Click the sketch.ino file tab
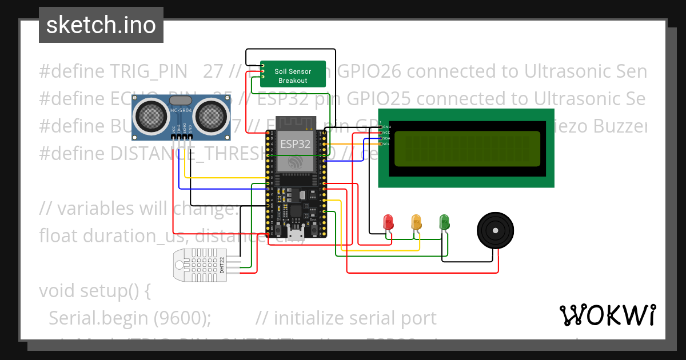click(101, 25)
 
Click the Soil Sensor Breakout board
click(293, 74)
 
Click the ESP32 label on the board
click(295, 143)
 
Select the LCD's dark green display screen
click(466, 148)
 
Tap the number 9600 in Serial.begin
click(190, 318)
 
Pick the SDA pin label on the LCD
click(386, 138)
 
